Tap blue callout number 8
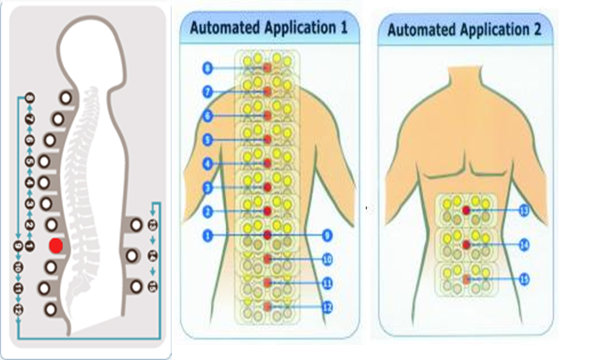pyautogui.click(x=208, y=69)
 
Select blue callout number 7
pyautogui.click(x=208, y=92)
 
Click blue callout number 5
pyautogui.click(x=208, y=139)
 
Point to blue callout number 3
pyautogui.click(x=208, y=187)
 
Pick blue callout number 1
pyautogui.click(x=208, y=235)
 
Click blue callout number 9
pyautogui.click(x=327, y=235)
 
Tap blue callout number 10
pyautogui.click(x=327, y=259)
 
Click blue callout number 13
pyautogui.click(x=524, y=211)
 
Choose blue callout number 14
pyautogui.click(x=524, y=244)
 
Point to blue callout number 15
pyautogui.click(x=524, y=279)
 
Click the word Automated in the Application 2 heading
pyautogui.click(x=421, y=31)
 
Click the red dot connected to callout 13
pyautogui.click(x=466, y=211)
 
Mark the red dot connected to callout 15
pyautogui.click(x=466, y=279)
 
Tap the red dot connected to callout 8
pyautogui.click(x=267, y=69)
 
